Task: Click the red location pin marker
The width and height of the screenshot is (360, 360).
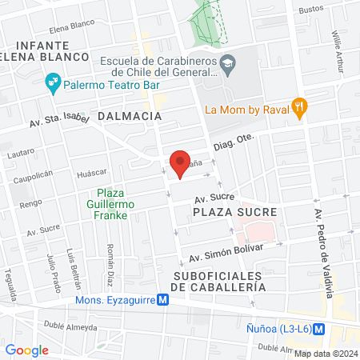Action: coord(180,165)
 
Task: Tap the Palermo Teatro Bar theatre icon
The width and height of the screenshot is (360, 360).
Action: coord(52,80)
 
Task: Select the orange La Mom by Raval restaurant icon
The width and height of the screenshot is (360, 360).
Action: coord(299,106)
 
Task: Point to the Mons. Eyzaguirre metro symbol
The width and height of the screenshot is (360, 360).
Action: coord(162,300)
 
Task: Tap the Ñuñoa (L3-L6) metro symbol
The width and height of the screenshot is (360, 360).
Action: coord(318,327)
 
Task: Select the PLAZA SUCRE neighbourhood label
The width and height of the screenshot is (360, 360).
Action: coord(234,212)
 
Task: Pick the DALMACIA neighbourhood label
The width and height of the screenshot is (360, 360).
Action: coord(129,116)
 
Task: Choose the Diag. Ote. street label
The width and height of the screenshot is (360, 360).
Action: coord(233,142)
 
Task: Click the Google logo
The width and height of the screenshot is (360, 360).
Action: coord(26,350)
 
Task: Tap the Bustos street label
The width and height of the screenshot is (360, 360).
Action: coord(310,10)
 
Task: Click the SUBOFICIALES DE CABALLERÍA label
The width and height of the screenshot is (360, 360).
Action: coord(217,282)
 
